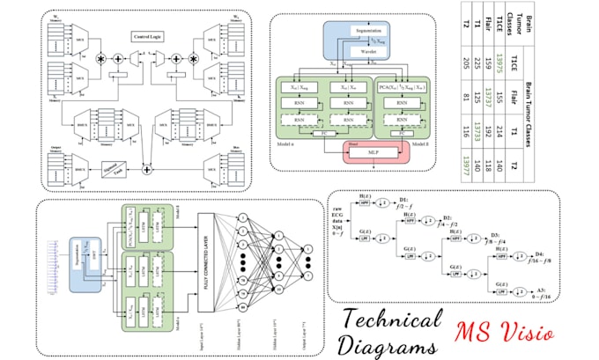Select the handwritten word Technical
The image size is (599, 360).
(x=391, y=321)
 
